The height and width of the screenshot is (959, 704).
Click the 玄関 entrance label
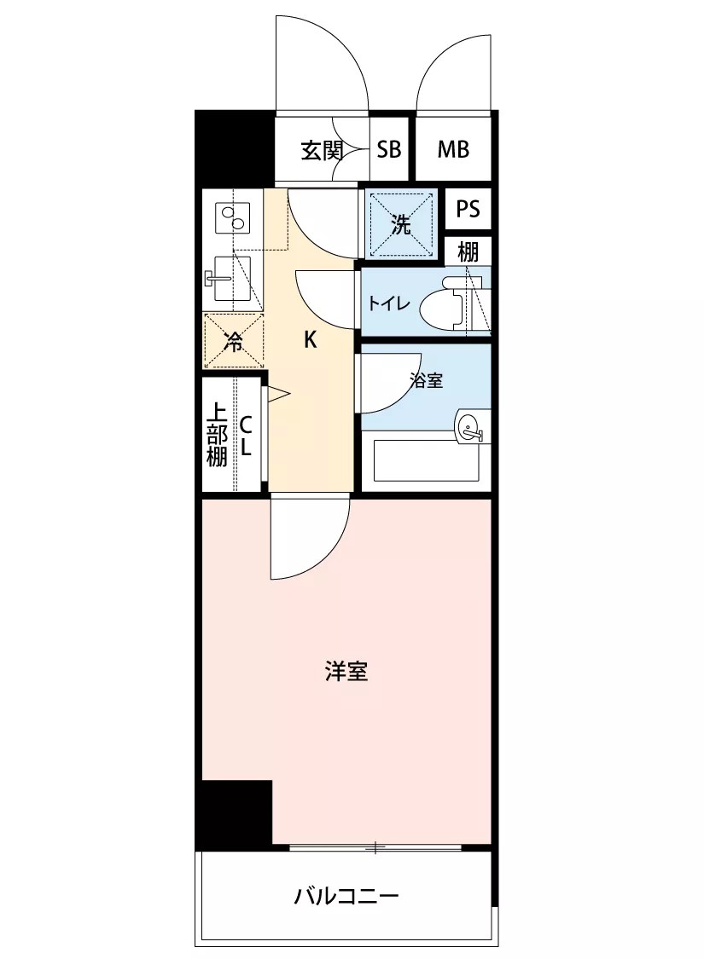(x=322, y=150)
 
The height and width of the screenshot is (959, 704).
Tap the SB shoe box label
(x=389, y=149)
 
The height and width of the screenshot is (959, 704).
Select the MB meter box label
(x=453, y=149)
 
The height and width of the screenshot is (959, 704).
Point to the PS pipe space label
(x=468, y=209)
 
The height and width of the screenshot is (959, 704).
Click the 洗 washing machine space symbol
(x=401, y=224)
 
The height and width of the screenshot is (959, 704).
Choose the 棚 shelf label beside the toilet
(x=468, y=251)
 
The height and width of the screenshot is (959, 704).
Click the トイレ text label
(x=388, y=303)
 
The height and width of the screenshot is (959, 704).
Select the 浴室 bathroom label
(x=426, y=380)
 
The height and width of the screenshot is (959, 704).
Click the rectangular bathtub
(x=426, y=460)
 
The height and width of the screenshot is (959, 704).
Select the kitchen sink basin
(x=232, y=279)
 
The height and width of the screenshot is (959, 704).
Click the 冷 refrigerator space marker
(x=233, y=341)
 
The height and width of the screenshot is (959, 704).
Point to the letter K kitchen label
(x=311, y=339)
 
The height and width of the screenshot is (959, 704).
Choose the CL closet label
(x=246, y=436)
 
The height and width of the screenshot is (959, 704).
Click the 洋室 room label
(x=346, y=673)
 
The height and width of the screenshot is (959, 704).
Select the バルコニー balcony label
(x=346, y=897)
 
